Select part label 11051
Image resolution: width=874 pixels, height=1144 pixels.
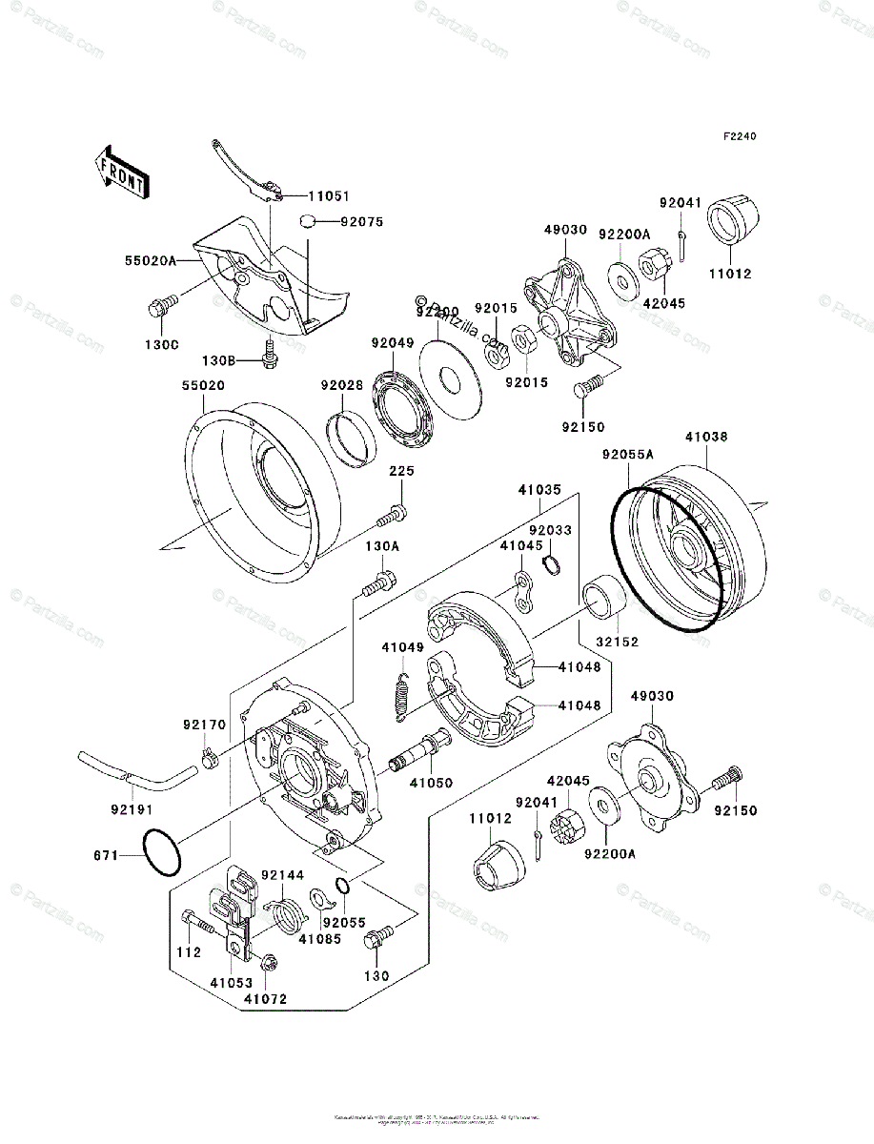tap(327, 195)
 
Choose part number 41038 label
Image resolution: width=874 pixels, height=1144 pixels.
tap(705, 438)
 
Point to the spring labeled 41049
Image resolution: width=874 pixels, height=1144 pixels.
tap(403, 693)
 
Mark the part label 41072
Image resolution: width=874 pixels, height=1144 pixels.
tap(265, 998)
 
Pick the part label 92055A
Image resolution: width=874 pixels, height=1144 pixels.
tap(627, 456)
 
